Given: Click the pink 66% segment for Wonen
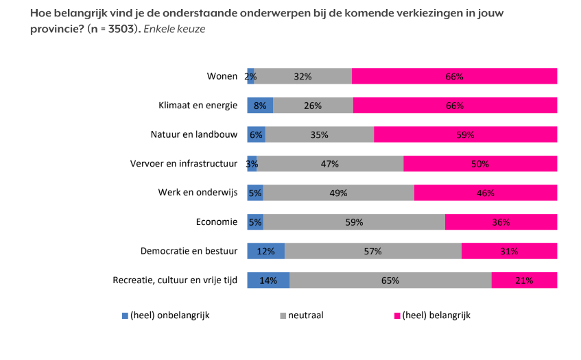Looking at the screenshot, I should pyautogui.click(x=454, y=76).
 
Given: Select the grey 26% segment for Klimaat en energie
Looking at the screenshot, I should pyautogui.click(x=313, y=106).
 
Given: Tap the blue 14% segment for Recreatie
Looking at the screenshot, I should pyautogui.click(x=268, y=280).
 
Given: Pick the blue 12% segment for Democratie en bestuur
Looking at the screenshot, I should pyautogui.click(x=265, y=251).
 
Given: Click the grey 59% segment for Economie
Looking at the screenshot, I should pyautogui.click(x=354, y=222).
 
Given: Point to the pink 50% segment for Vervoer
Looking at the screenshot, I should pyautogui.click(x=480, y=164).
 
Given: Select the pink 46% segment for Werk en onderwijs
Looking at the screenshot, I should pyautogui.click(x=486, y=193).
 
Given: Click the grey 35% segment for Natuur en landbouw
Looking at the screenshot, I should pyautogui.click(x=319, y=134).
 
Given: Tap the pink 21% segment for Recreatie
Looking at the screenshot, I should pyautogui.click(x=524, y=280).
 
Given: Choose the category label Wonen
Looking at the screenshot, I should pyautogui.click(x=222, y=76).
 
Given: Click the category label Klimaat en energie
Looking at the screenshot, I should pyautogui.click(x=198, y=106).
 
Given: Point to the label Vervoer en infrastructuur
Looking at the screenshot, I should pyautogui.click(x=184, y=164).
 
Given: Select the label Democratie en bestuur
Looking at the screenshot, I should pyautogui.click(x=188, y=251).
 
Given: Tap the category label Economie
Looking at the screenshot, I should pyautogui.click(x=217, y=222).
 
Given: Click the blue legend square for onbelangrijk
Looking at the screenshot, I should pyautogui.click(x=125, y=315).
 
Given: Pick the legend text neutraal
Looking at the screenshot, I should pyautogui.click(x=305, y=315).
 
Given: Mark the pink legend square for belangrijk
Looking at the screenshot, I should pyautogui.click(x=396, y=315).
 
